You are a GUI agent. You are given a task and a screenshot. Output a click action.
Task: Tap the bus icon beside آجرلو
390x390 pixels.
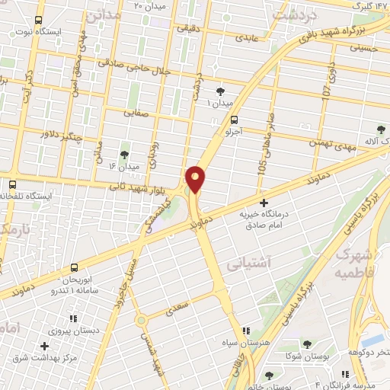coord(234,120)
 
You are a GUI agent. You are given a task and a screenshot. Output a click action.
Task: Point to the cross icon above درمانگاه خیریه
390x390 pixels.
coord(264,203)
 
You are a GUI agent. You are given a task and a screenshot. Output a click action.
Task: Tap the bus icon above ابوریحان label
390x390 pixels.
coord(74,268)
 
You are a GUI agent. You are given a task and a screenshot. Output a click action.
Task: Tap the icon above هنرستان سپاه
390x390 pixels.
coord(245,331)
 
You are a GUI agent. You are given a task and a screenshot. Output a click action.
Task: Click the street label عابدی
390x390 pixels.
coord(251,36)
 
